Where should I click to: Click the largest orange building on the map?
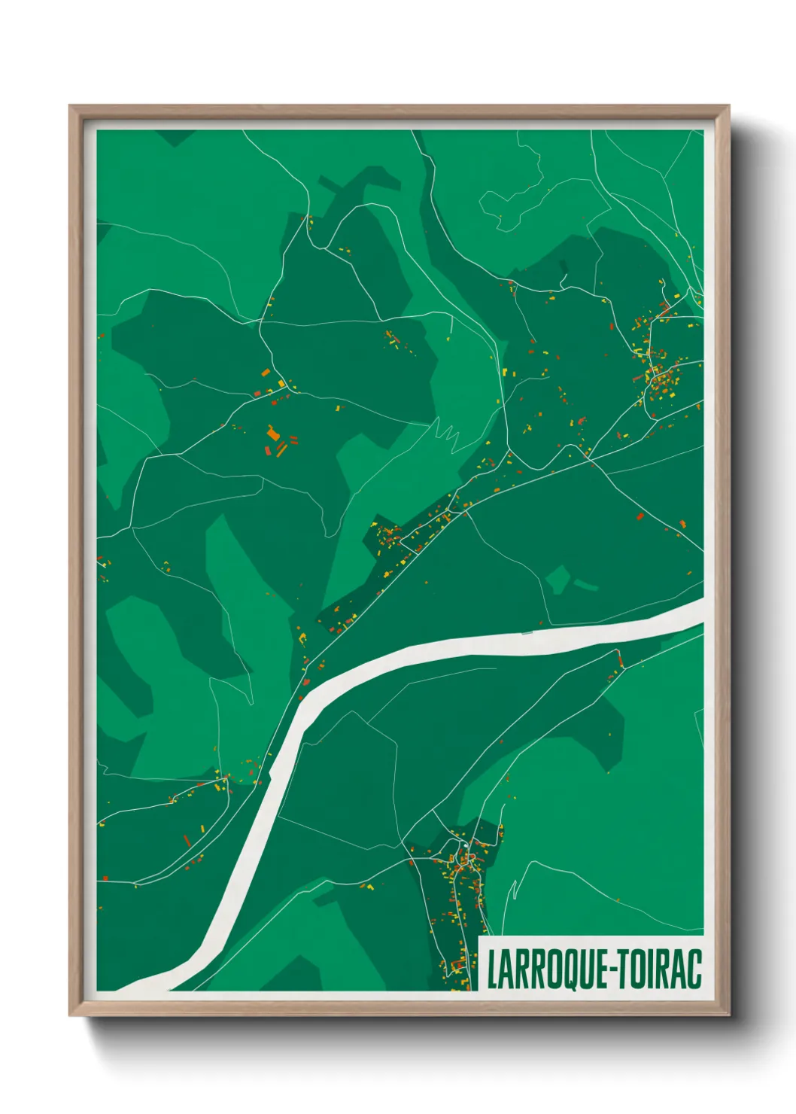272,434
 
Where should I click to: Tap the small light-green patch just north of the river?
558,579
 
